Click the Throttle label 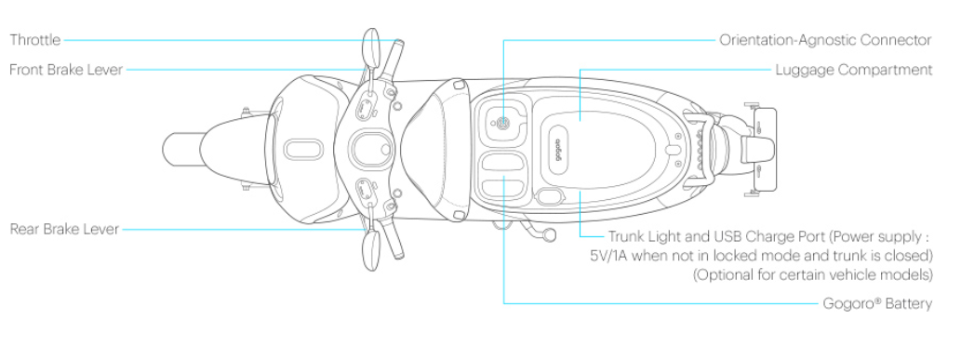tap(35, 40)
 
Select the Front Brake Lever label tap(66, 70)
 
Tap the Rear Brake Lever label tap(64, 230)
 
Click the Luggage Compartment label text tap(854, 70)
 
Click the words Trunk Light tap(642, 236)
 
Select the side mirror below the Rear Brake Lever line tap(371, 251)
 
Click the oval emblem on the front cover tap(303, 149)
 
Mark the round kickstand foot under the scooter tap(549, 234)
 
